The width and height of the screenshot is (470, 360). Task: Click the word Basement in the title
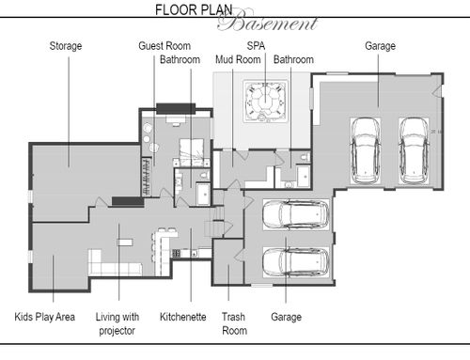click(x=268, y=22)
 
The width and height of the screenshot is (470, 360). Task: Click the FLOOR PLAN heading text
click(x=194, y=10)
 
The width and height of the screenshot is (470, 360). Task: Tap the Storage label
click(x=66, y=46)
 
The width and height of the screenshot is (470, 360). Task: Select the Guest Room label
click(x=164, y=46)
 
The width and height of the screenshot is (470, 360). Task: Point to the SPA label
click(x=256, y=46)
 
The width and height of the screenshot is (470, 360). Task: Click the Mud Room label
click(x=238, y=59)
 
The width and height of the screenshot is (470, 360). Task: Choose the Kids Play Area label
click(x=45, y=317)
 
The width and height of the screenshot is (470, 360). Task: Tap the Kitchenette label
click(x=183, y=317)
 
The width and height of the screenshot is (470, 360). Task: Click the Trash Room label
click(x=234, y=323)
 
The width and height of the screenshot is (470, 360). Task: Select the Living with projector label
click(x=117, y=323)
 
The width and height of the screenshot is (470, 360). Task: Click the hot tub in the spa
click(x=265, y=101)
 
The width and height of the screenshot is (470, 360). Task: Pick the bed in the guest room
click(x=192, y=152)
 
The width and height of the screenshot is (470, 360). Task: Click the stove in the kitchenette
click(x=176, y=253)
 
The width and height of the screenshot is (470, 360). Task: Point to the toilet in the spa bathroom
click(x=305, y=157)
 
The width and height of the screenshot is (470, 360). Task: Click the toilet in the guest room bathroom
click(x=204, y=175)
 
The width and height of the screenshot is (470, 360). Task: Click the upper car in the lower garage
click(x=295, y=214)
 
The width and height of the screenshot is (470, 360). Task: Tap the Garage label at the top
click(x=380, y=46)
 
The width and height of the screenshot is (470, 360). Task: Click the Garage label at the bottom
click(x=286, y=317)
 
